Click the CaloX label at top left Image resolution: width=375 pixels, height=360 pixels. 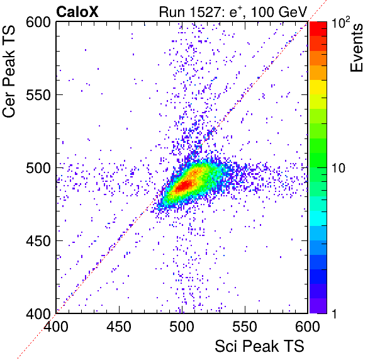point(77,12)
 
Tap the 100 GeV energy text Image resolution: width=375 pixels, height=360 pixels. point(279,12)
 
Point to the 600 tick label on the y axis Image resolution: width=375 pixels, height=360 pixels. point(38,23)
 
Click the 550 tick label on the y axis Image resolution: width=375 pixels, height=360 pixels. point(38,95)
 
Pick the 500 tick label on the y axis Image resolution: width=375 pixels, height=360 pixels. point(38,168)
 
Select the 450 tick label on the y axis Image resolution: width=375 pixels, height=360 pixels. point(38,241)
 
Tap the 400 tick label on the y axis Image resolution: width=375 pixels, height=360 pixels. point(38,313)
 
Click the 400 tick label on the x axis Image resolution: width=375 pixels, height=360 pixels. point(56,326)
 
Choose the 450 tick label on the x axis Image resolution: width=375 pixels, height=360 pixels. point(119,326)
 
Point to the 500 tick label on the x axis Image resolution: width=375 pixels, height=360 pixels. point(182,326)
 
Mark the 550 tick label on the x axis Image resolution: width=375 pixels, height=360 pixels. point(245,326)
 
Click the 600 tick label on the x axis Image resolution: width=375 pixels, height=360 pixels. point(308,326)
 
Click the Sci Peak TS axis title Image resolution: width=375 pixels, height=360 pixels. point(259,346)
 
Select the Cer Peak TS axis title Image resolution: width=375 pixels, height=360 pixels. point(9,72)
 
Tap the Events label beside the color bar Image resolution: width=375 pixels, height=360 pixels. point(356,48)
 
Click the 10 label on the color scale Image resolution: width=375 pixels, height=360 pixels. point(339,168)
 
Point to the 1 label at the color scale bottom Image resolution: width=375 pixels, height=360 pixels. point(334,313)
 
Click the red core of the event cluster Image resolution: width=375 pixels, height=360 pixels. point(184,186)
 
